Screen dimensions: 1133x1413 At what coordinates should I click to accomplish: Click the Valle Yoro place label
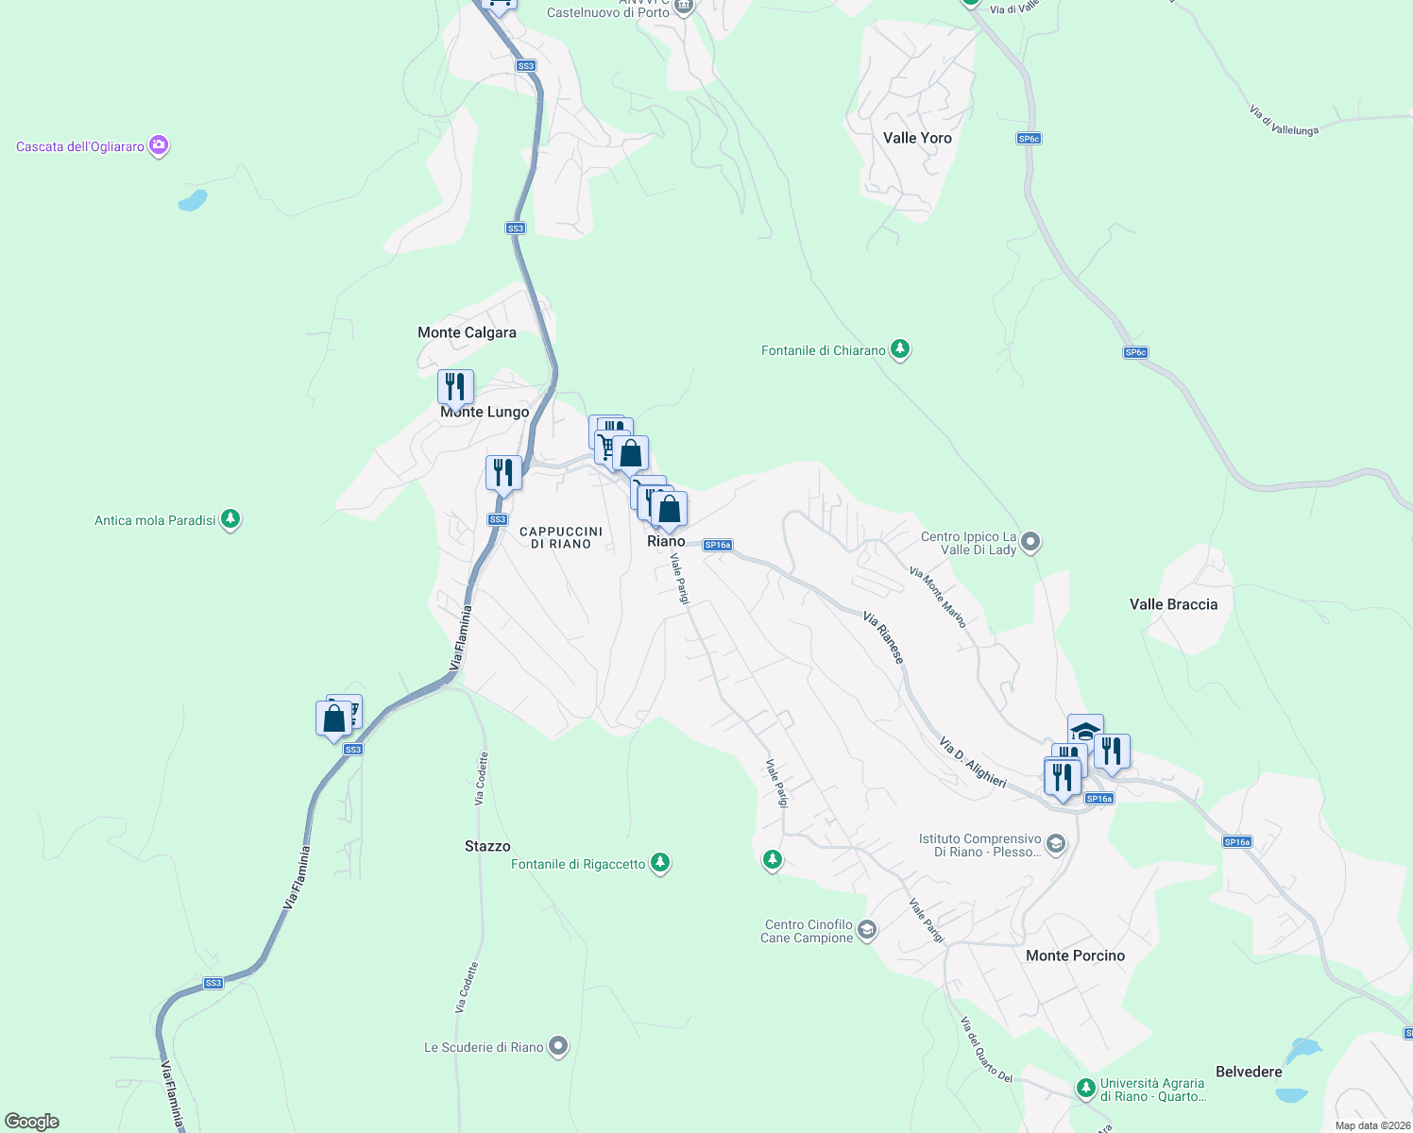pyautogui.click(x=916, y=138)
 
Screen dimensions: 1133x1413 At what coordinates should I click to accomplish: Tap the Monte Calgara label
pyautogui.click(x=467, y=332)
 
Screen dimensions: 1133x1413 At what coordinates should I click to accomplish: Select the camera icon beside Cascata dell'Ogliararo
pyautogui.click(x=159, y=145)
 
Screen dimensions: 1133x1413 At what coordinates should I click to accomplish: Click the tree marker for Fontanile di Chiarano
pyautogui.click(x=900, y=350)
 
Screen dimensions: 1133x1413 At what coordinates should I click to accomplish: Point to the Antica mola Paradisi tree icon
pyautogui.click(x=230, y=519)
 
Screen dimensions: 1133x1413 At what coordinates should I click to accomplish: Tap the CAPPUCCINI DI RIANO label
pyautogui.click(x=561, y=537)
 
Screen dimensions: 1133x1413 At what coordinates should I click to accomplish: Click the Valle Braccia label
pyautogui.click(x=1173, y=604)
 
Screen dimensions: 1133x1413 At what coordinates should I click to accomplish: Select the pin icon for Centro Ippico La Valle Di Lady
pyautogui.click(x=1030, y=542)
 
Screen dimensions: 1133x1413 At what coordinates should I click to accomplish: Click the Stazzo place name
pyautogui.click(x=487, y=846)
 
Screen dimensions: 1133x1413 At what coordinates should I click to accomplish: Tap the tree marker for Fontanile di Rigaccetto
pyautogui.click(x=660, y=863)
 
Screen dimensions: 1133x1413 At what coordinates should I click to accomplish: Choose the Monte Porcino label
pyautogui.click(x=1075, y=955)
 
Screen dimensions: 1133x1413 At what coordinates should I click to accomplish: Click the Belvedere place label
pyautogui.click(x=1249, y=1072)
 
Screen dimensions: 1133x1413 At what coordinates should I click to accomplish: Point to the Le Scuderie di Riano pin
pyautogui.click(x=558, y=1046)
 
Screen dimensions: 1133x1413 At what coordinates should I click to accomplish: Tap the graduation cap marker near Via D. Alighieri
pyautogui.click(x=1085, y=731)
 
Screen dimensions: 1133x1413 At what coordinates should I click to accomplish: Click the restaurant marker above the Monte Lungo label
pyautogui.click(x=455, y=386)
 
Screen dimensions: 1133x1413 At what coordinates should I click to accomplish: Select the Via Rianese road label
pyautogui.click(x=883, y=637)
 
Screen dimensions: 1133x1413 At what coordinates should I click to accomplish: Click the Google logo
pyautogui.click(x=32, y=1122)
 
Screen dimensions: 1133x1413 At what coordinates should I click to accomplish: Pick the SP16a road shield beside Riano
pyautogui.click(x=718, y=545)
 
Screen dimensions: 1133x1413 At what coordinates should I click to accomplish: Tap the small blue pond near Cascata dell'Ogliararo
pyautogui.click(x=193, y=200)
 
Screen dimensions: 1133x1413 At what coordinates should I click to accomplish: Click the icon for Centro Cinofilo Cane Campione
pyautogui.click(x=866, y=931)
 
